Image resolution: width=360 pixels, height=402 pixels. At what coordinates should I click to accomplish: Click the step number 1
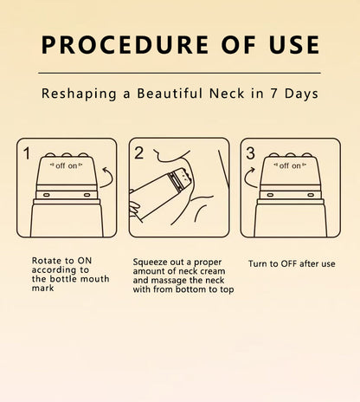(26, 154)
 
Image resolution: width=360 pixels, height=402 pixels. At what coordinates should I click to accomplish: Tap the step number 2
(138, 154)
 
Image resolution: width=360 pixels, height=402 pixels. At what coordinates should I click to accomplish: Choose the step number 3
(252, 154)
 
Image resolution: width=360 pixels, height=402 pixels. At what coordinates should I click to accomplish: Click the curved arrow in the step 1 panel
(108, 178)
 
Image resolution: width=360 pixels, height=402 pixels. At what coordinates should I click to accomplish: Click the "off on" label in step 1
(66, 165)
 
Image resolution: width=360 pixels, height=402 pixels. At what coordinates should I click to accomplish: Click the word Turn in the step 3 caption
(258, 263)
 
